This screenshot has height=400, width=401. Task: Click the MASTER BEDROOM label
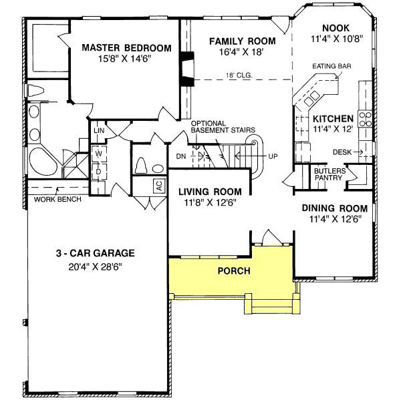pos(127,48)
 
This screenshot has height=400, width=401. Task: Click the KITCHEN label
pos(334,118)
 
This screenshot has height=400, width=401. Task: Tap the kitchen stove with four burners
pos(366,119)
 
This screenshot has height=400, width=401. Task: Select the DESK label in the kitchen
pos(342,152)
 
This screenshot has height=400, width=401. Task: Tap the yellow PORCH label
pos(234,271)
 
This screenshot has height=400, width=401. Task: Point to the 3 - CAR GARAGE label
pos(96,253)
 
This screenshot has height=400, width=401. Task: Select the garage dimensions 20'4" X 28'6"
pos(96,265)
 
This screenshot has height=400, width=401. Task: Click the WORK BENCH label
pos(57,199)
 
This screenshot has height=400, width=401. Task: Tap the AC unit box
pos(159,186)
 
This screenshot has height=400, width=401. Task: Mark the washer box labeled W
pos(98,154)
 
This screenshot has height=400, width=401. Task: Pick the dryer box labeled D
pos(98,172)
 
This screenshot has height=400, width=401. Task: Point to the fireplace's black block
pos(184,68)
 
